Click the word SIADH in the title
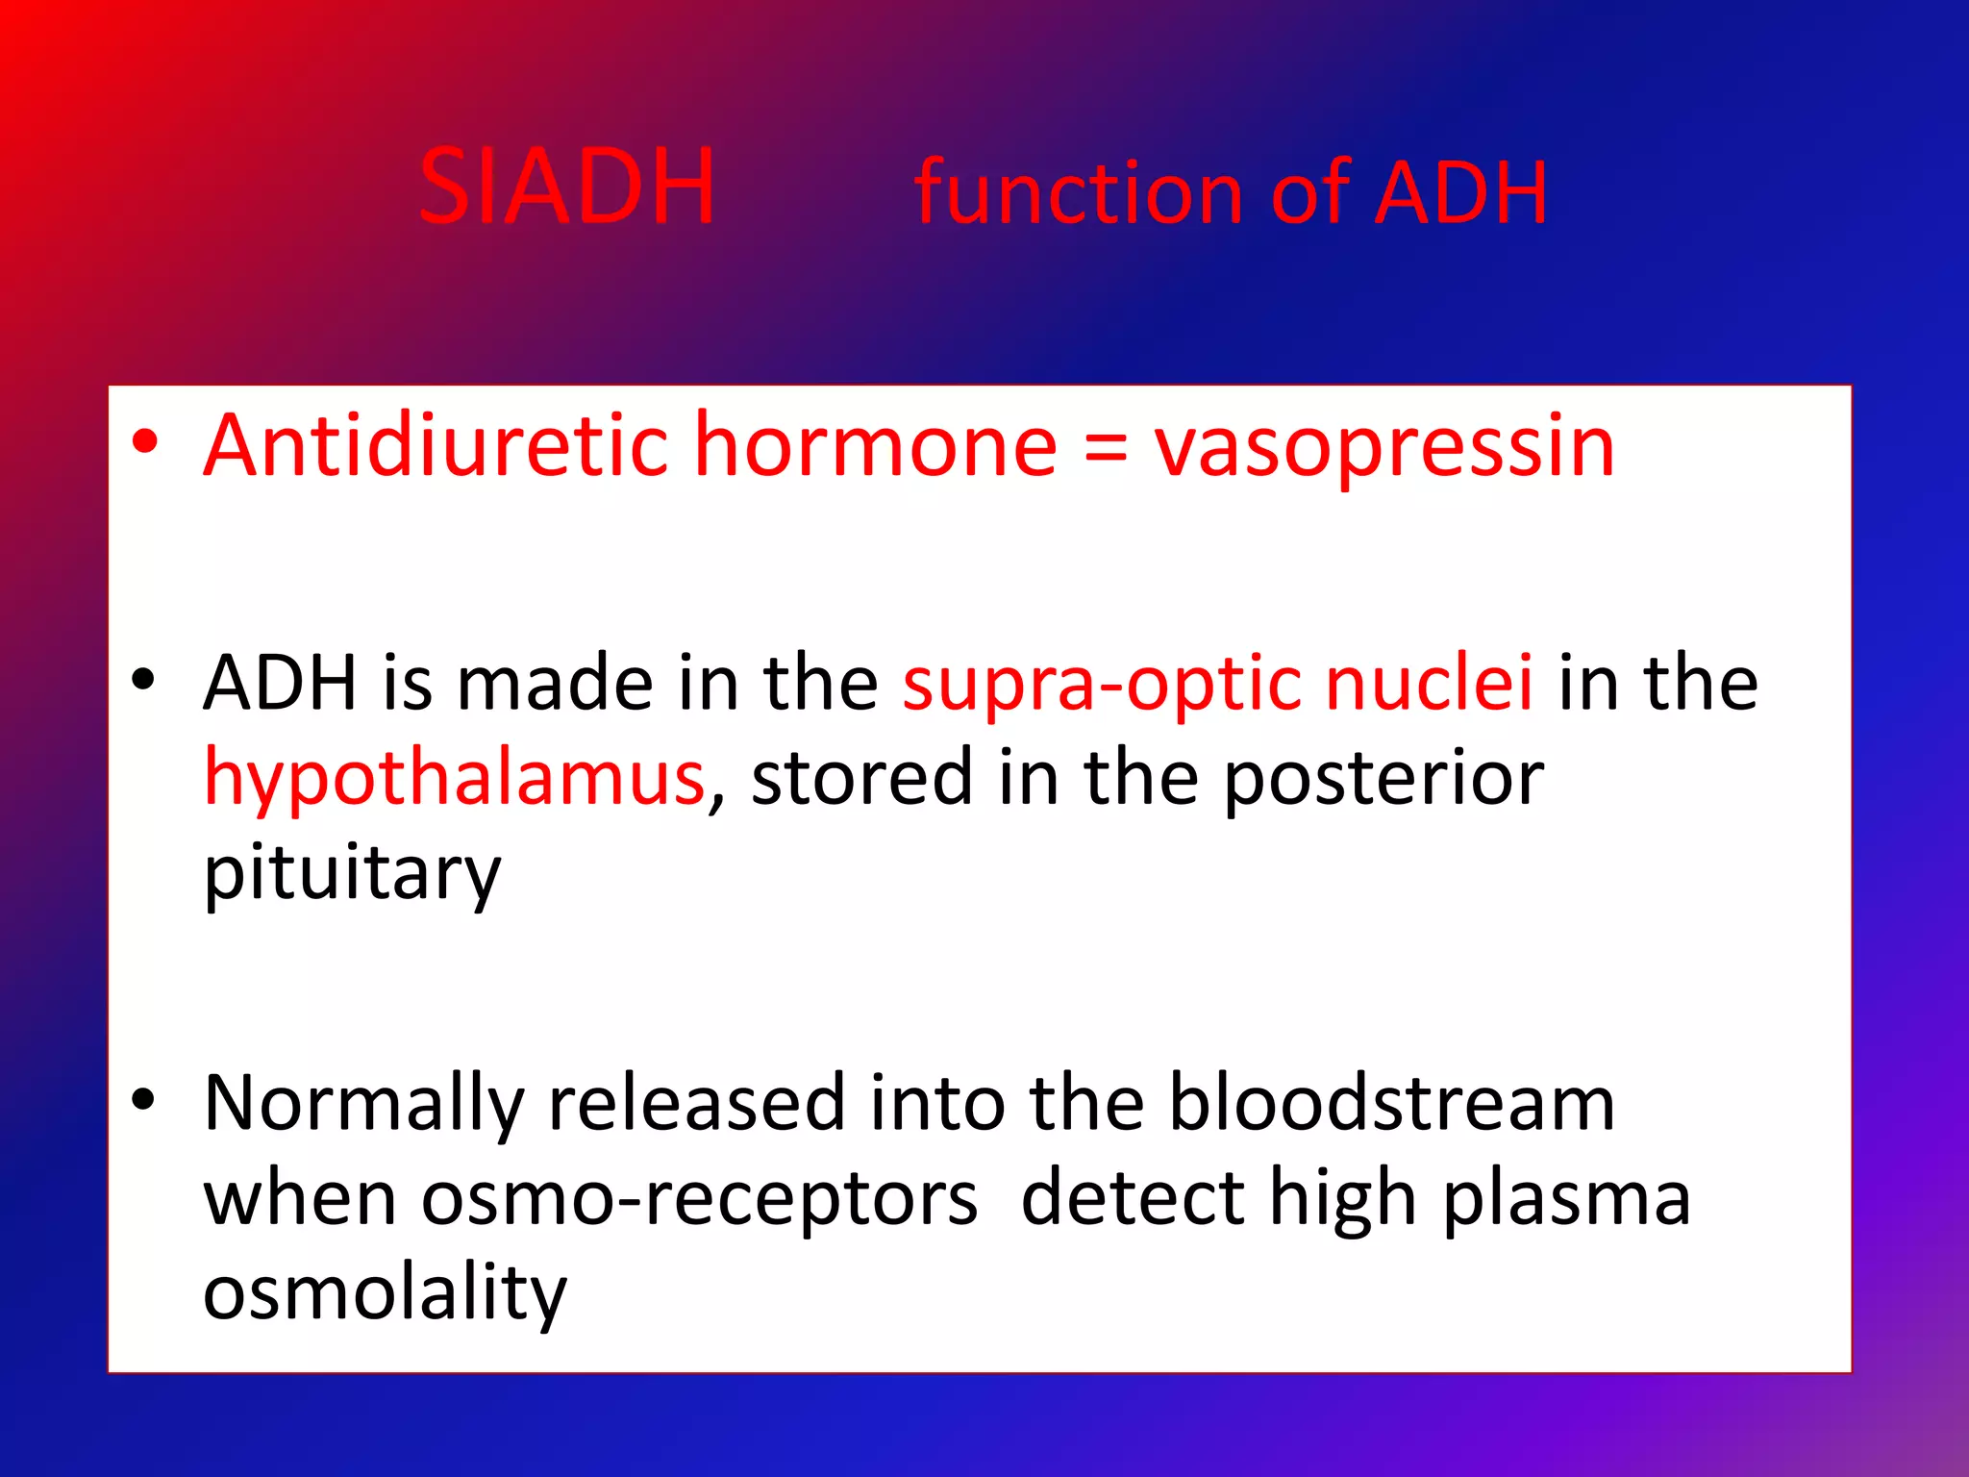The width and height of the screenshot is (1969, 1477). tap(567, 188)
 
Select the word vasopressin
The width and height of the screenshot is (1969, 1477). tap(1384, 447)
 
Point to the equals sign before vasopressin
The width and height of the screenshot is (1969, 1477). tap(1105, 448)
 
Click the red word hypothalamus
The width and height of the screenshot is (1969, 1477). tap(455, 779)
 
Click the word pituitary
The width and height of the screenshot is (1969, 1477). tap(352, 873)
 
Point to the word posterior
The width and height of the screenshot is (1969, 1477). tap(1383, 779)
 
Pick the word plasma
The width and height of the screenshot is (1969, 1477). tap(1566, 1200)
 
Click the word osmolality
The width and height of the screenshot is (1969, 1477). tap(385, 1293)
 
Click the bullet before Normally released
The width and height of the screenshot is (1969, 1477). tap(143, 1099)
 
